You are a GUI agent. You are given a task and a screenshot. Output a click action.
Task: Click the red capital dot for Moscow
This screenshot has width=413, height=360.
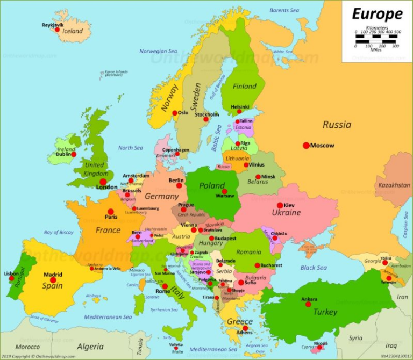click(x=306, y=145)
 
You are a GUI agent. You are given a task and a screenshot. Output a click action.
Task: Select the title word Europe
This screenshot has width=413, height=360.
click(x=377, y=13)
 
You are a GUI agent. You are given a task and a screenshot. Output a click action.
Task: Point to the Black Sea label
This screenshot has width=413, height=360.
click(x=314, y=268)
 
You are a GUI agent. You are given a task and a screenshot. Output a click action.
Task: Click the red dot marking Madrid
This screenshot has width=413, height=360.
click(x=53, y=280)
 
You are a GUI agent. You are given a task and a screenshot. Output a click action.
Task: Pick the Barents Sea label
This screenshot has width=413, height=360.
click(x=284, y=10)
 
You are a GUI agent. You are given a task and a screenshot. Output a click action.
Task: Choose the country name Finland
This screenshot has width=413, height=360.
click(x=245, y=86)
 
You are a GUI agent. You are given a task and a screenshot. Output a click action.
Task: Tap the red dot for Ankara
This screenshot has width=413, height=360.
click(x=308, y=304)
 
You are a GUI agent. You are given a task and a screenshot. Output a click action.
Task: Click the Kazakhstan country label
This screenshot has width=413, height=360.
click(x=394, y=185)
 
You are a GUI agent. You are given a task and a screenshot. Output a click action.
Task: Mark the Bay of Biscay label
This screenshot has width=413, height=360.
click(x=59, y=232)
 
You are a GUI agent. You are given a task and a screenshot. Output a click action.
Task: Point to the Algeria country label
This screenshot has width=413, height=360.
click(x=90, y=347)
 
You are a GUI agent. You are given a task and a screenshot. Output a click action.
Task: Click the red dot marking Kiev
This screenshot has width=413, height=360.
click(x=280, y=205)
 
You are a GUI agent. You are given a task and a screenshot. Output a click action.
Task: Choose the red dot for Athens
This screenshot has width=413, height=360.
click(x=245, y=328)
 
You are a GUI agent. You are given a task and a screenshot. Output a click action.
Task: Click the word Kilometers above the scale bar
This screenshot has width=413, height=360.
click(x=377, y=27)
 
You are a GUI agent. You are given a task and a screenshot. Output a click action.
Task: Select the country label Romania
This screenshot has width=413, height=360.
click(x=248, y=251)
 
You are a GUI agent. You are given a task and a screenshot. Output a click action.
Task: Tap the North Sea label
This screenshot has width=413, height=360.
click(x=131, y=148)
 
